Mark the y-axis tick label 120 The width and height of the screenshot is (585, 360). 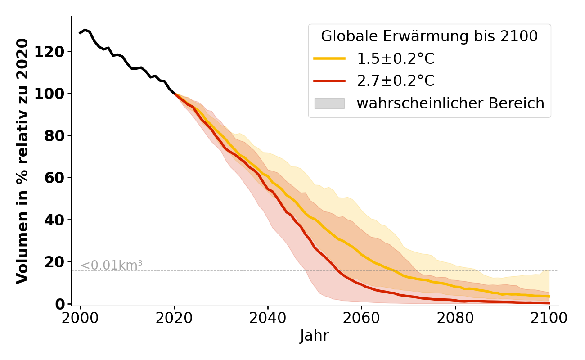tap(56, 52)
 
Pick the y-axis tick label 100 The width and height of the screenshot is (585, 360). tap(56, 94)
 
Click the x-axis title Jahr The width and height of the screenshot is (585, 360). tap(315, 336)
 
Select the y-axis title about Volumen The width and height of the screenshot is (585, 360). tap(22, 161)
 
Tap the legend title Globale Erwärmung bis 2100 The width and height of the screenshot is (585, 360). tap(429, 36)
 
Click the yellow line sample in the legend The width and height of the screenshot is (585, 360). tap(329, 58)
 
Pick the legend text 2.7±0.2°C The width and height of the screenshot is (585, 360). tap(396, 81)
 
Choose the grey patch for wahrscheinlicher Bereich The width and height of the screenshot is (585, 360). tap(329, 103)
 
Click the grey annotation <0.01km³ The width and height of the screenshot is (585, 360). tap(112, 265)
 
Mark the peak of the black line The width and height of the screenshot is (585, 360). tap(85, 30)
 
